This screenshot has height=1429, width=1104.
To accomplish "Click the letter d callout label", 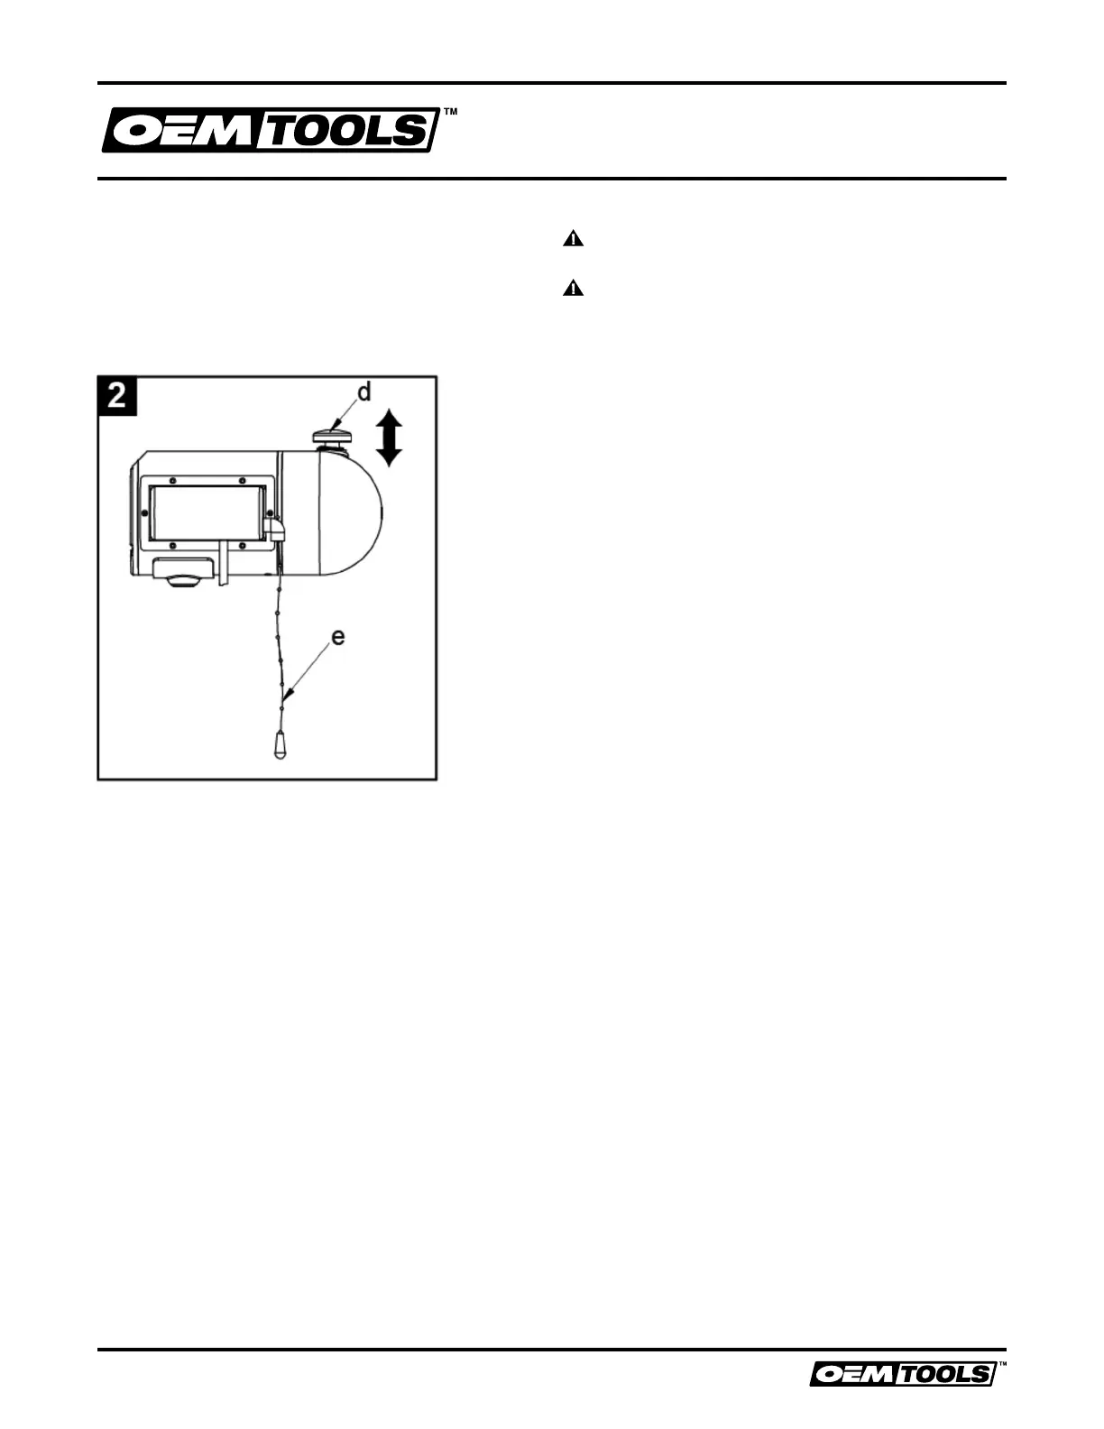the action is (x=363, y=393).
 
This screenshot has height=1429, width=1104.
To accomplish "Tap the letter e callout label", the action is (x=338, y=637).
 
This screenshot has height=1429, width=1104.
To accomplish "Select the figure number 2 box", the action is (x=117, y=396).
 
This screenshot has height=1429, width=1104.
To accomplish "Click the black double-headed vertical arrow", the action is (x=388, y=437).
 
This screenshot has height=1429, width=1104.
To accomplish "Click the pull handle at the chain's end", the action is (x=281, y=745).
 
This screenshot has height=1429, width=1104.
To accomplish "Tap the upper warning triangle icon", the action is (x=574, y=240).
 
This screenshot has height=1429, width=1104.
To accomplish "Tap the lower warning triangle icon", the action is (x=574, y=289).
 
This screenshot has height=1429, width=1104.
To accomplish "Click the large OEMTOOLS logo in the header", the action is (x=270, y=131).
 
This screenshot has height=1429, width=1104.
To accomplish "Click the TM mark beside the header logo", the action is (x=451, y=113).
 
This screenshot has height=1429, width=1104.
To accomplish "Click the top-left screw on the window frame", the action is (x=173, y=480).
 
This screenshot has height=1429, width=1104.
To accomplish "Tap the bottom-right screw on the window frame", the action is (x=243, y=546).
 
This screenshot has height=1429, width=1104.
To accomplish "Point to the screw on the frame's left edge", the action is (x=146, y=512).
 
